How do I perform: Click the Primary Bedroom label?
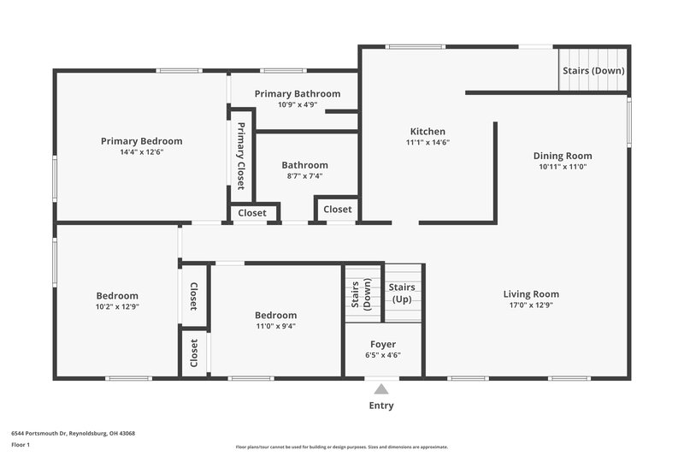141,141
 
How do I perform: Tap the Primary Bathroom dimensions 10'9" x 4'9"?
298,104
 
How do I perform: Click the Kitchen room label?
426,132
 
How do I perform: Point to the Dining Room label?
563,156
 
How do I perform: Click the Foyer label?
383,344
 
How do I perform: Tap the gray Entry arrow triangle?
381,389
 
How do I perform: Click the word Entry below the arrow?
381,406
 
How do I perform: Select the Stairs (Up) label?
402,293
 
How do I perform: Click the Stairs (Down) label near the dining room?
593,70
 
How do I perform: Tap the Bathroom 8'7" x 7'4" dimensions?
305,176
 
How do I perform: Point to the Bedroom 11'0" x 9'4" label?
275,315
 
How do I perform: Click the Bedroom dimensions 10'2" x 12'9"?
117,306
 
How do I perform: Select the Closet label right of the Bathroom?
337,210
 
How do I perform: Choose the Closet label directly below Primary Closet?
252,213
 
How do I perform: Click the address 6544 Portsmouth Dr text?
73,433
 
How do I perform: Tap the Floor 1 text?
21,445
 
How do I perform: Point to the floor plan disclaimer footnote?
342,447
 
